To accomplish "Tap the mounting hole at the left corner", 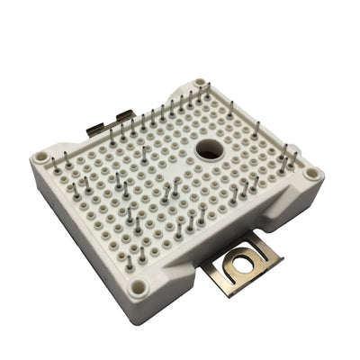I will point(40,157).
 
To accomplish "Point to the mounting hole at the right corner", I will point(310,172).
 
